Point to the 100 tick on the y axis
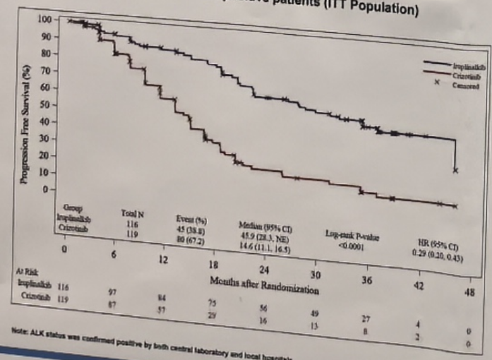click(x=43, y=20)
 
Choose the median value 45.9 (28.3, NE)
click(x=264, y=238)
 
